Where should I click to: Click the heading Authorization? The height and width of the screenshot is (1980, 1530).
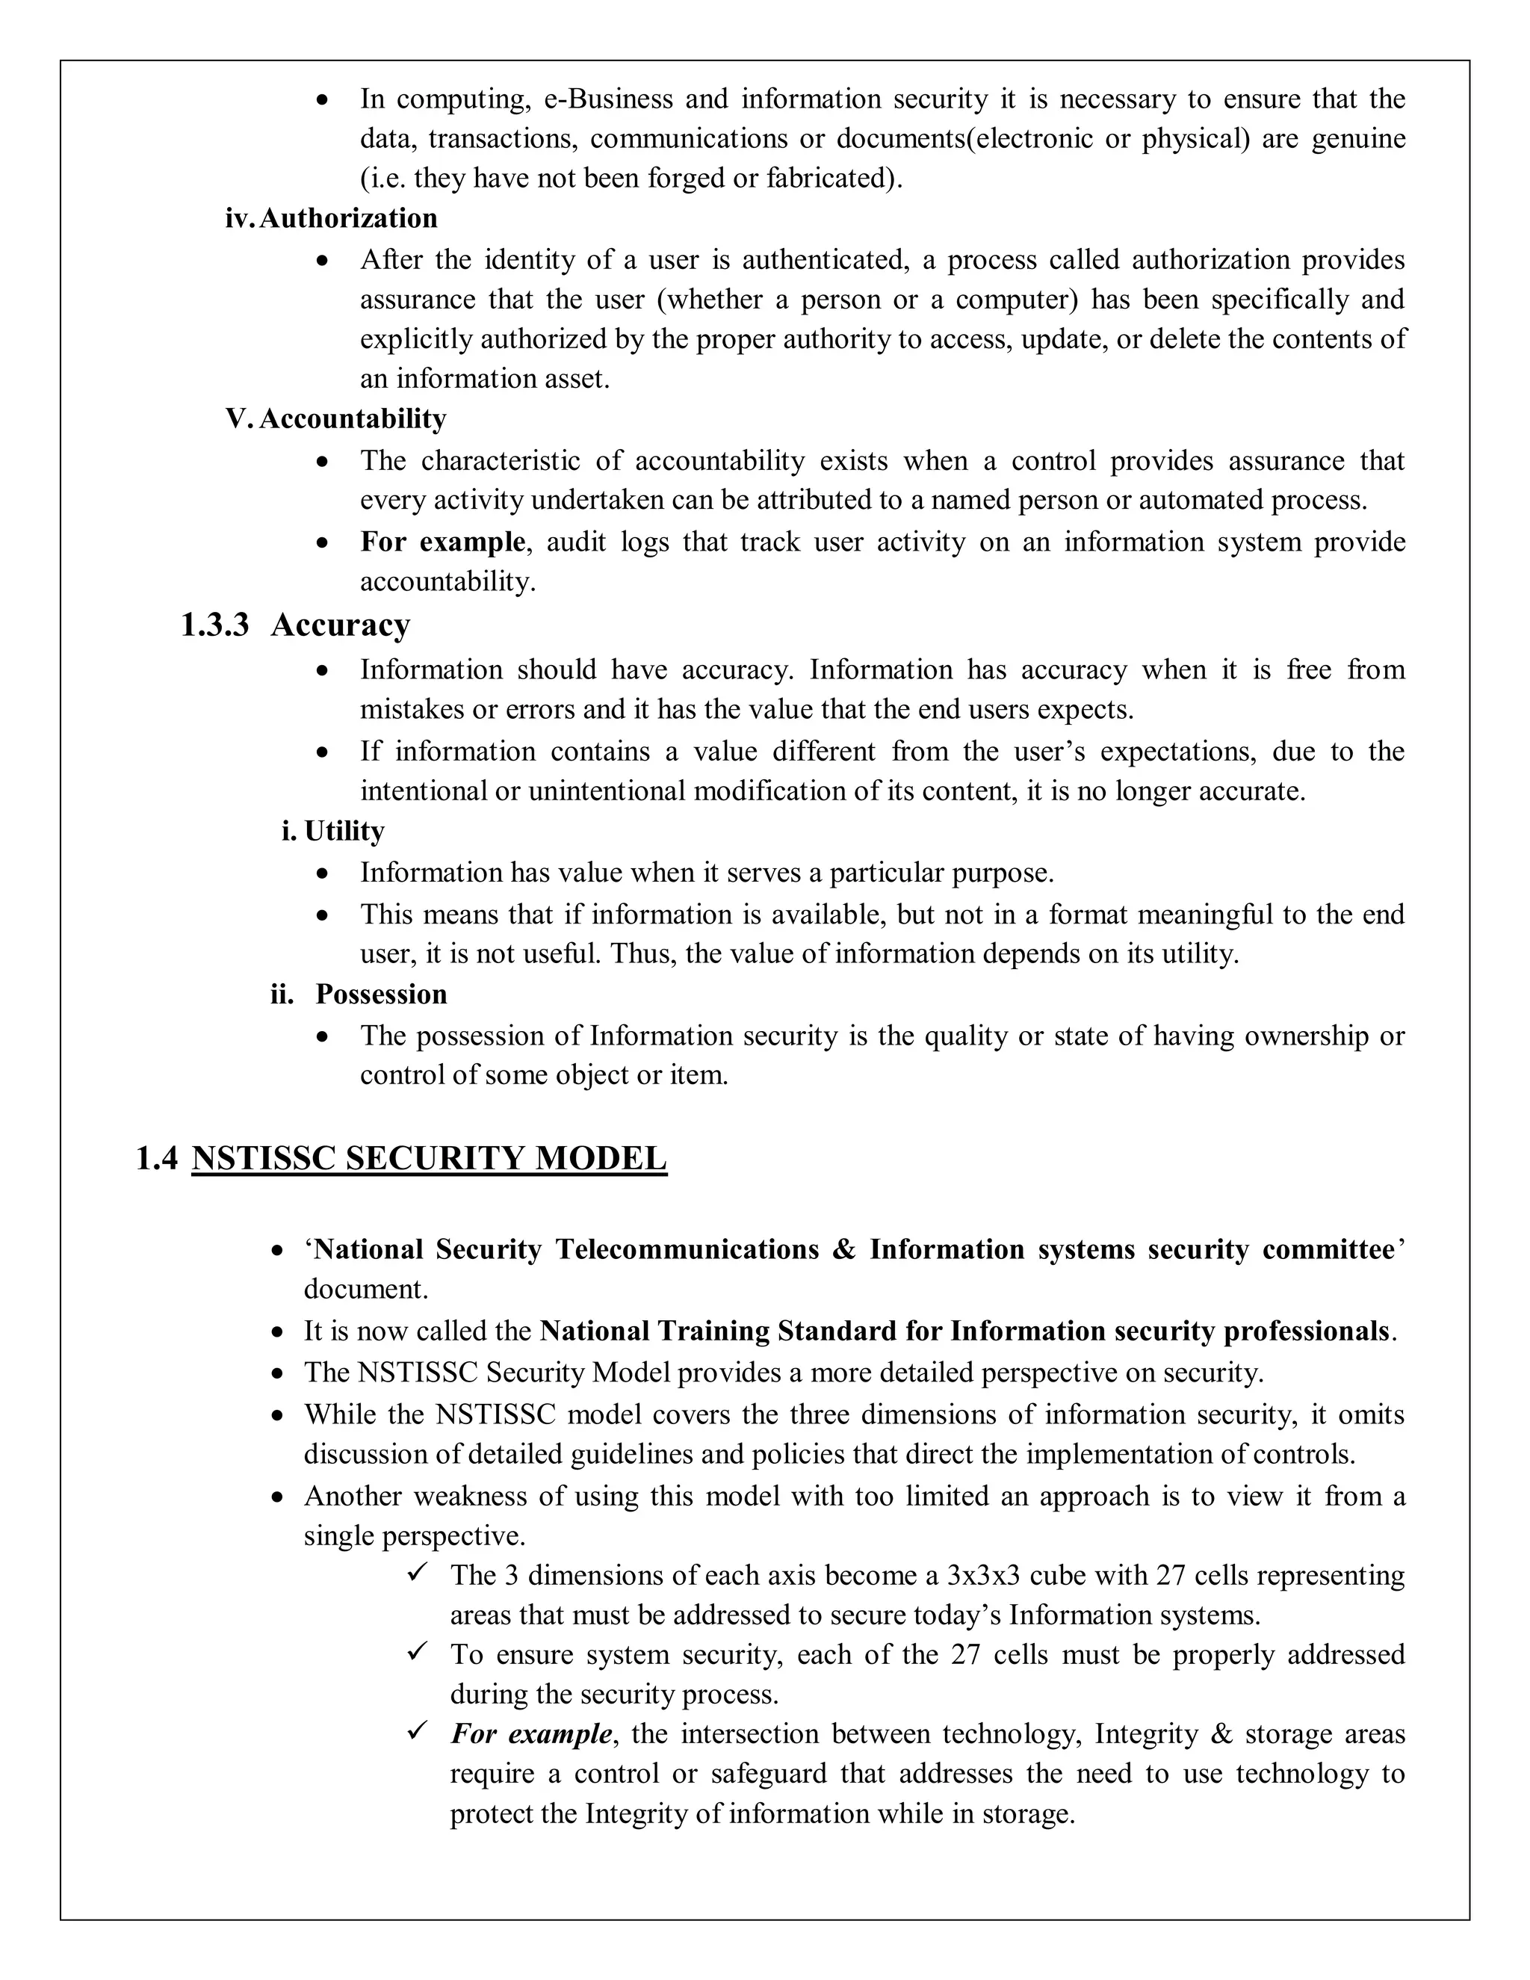(x=348, y=218)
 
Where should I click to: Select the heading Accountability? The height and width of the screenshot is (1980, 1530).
(x=353, y=419)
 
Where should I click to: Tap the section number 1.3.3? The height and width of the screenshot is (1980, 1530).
(x=215, y=625)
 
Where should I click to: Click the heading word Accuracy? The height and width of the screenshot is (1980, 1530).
(x=340, y=625)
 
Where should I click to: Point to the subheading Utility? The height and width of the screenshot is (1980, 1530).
(x=344, y=832)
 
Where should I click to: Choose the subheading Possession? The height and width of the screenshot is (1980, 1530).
(x=381, y=994)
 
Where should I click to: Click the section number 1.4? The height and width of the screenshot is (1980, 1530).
(x=156, y=1159)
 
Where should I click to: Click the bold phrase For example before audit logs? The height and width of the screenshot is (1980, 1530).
(x=442, y=542)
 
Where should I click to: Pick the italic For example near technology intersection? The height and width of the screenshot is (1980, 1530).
(x=531, y=1734)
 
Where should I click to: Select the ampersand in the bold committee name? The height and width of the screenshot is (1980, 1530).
(x=843, y=1249)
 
